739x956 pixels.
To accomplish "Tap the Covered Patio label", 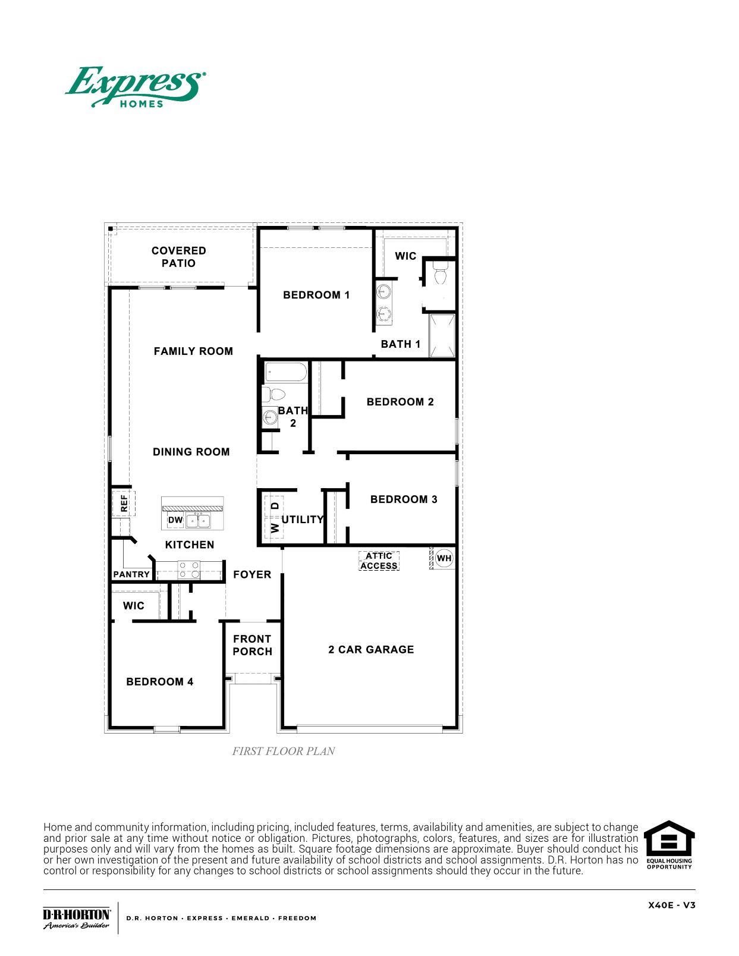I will coord(178,257).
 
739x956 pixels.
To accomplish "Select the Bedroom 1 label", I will coord(316,295).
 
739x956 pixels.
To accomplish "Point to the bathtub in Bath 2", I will coord(285,373).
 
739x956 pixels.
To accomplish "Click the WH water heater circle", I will coord(444,558).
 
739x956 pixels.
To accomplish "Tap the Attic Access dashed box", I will coord(379,561).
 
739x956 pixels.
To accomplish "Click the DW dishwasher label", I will coord(175,520).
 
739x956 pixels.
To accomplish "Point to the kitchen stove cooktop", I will coord(189,570).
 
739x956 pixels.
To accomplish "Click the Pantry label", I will coord(131,574).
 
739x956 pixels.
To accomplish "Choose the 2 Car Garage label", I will coord(371,649).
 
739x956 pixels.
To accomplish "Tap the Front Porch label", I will coord(252,645).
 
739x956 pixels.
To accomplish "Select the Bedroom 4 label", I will coord(160,681).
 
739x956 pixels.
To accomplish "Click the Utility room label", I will coord(303,519).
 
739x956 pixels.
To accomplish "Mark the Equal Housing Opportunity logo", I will coord(669,845).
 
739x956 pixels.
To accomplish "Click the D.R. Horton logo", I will coord(76,918).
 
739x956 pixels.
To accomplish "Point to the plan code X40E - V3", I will coord(671,905).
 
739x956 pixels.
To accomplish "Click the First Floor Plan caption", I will coord(284,751).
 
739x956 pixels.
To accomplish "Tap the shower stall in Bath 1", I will coord(442,335).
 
